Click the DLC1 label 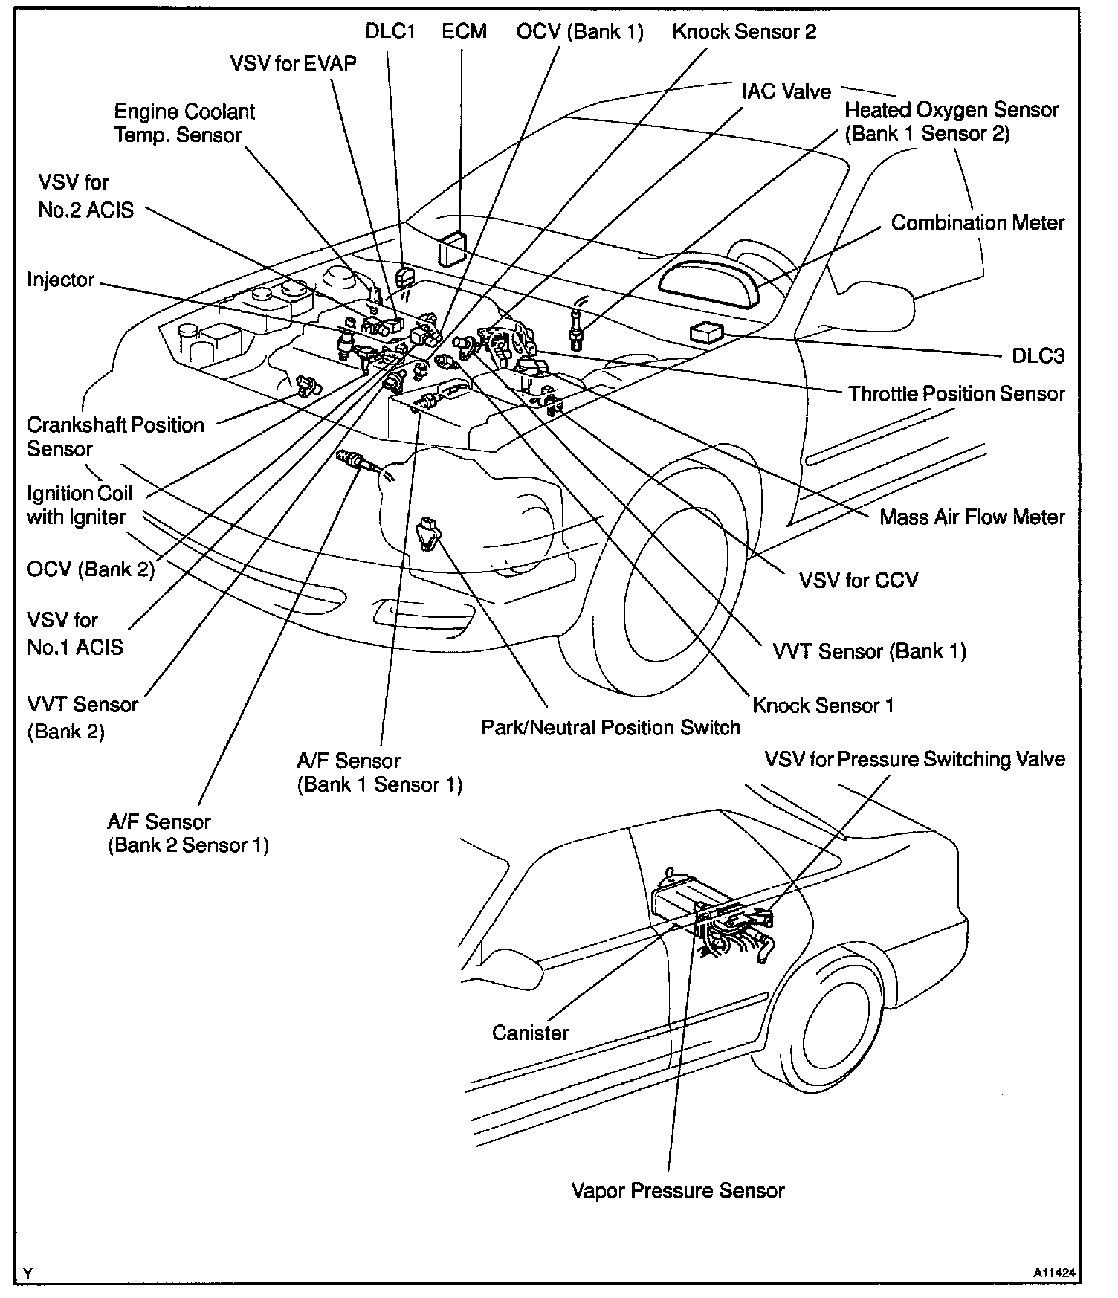click(x=390, y=31)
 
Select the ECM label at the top click(x=464, y=31)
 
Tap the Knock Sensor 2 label click(x=744, y=31)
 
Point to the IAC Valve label click(x=786, y=91)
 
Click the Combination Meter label click(x=978, y=222)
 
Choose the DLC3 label click(x=1038, y=356)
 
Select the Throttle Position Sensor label click(x=956, y=393)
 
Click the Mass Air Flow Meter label click(x=972, y=517)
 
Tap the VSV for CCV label click(x=859, y=580)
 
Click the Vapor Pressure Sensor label click(x=678, y=1190)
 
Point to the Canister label click(x=530, y=1032)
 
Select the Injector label click(x=61, y=280)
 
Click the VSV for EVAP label click(x=293, y=63)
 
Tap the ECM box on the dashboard click(x=451, y=248)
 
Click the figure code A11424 click(x=1053, y=1272)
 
